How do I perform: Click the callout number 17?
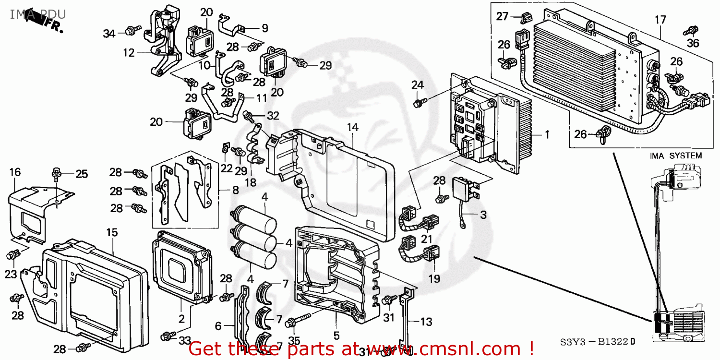[660, 20]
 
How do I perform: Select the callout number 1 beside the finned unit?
[546, 135]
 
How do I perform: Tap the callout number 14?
[353, 127]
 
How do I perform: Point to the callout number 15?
[111, 232]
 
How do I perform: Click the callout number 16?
[15, 172]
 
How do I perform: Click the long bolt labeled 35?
[293, 323]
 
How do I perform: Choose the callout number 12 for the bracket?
[128, 53]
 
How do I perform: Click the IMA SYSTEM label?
[675, 156]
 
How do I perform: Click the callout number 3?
[483, 215]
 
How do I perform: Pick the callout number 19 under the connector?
[435, 278]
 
